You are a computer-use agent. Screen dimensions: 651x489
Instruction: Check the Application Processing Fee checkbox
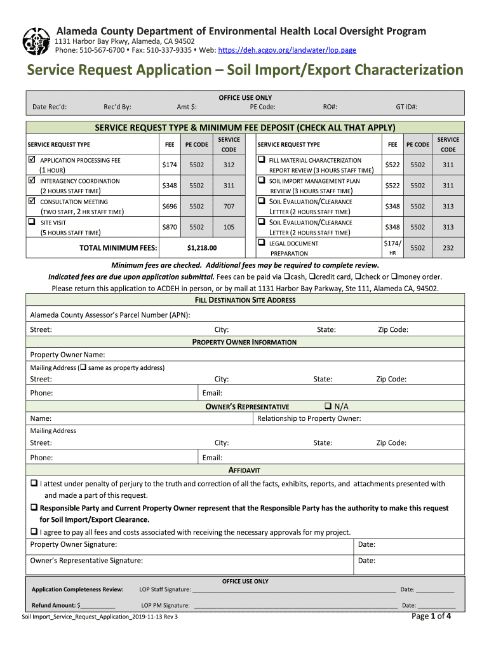(32, 160)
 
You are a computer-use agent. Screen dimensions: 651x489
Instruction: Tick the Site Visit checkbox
(32, 223)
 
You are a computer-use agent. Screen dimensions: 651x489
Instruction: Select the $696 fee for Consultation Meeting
(170, 207)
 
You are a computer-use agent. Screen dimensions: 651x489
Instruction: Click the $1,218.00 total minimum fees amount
(202, 248)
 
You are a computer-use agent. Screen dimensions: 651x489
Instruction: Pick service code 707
(229, 207)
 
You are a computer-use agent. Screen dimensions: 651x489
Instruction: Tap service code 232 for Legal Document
(448, 248)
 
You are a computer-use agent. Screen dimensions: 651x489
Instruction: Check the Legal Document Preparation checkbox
(261, 243)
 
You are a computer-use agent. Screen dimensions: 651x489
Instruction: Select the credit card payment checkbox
(312, 277)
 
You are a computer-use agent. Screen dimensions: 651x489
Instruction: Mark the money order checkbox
(394, 277)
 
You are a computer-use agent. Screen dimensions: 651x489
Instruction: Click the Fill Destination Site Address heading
(245, 300)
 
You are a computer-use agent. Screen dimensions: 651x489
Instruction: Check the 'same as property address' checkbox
(83, 367)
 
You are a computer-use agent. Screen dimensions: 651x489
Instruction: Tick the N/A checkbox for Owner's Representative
(328, 406)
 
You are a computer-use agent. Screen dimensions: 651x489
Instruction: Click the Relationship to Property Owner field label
(309, 418)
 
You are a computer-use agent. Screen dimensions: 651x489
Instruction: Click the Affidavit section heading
(245, 470)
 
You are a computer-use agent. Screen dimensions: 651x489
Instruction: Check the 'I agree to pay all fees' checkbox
(34, 531)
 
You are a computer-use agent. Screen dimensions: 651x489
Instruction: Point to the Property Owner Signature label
(74, 544)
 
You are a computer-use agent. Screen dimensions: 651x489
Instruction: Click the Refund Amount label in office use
(54, 605)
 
